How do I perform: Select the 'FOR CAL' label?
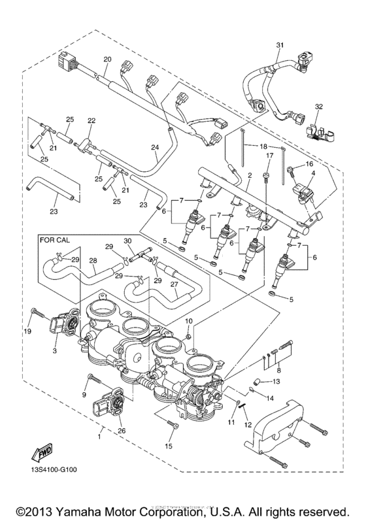55,241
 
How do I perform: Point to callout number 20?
107,59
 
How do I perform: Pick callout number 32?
319,106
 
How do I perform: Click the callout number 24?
154,148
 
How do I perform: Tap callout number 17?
268,156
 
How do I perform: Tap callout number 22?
91,120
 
